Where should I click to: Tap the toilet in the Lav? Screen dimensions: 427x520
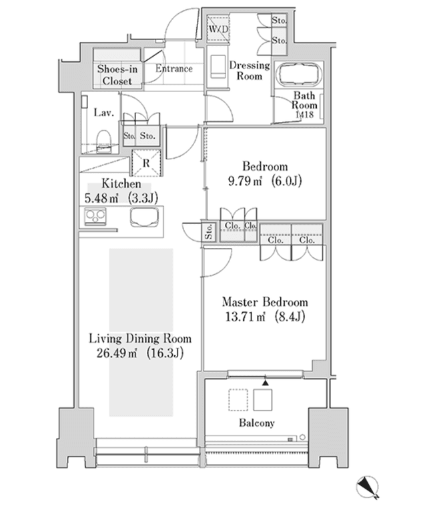(103, 141)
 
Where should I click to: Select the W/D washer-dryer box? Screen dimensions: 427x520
(218, 29)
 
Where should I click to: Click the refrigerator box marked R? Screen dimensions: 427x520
(146, 163)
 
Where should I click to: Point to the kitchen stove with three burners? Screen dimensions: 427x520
(95, 216)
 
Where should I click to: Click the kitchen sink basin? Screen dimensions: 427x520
(145, 217)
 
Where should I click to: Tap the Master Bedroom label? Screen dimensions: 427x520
(265, 302)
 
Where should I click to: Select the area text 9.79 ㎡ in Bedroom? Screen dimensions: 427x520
(245, 181)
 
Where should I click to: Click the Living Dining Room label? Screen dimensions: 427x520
(140, 339)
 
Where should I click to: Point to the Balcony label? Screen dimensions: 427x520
(257, 423)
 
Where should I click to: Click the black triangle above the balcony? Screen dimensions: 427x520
(265, 383)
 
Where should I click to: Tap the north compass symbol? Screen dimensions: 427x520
(368, 487)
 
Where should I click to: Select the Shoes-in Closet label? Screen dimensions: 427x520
(117, 75)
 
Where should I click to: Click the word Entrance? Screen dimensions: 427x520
(174, 69)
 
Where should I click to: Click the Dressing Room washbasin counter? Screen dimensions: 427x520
(218, 67)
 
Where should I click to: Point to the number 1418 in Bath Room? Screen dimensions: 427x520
(304, 115)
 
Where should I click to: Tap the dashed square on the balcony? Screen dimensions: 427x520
(238, 400)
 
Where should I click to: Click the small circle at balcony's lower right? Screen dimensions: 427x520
(302, 437)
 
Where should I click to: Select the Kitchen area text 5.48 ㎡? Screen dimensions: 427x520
(101, 198)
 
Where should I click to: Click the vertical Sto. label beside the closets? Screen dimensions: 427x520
(209, 231)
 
